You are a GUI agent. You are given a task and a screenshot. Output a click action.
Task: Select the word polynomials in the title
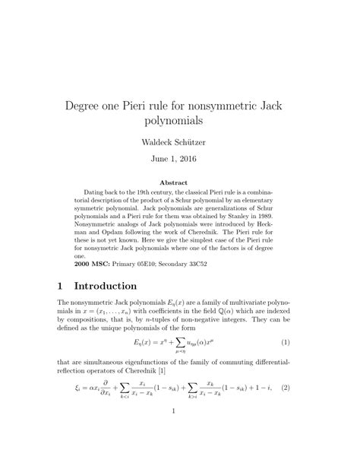point(179,120)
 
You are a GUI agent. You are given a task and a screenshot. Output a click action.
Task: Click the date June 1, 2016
point(179,162)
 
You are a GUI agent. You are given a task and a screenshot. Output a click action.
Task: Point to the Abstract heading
point(179,183)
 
